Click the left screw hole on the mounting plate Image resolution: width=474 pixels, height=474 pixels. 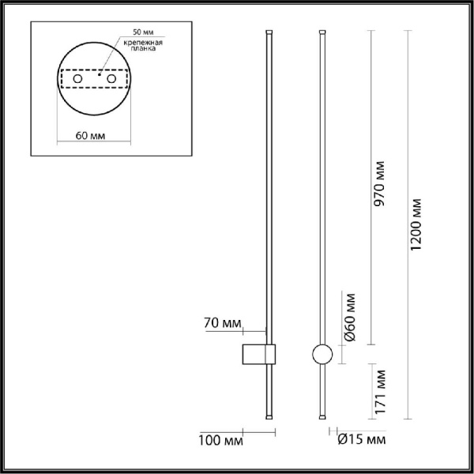click(x=77, y=81)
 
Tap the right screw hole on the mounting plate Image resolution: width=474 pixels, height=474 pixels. click(x=111, y=81)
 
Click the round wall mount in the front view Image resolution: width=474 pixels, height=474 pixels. click(x=322, y=355)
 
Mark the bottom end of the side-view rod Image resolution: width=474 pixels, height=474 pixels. click(x=269, y=416)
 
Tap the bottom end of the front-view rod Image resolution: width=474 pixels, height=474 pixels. click(x=322, y=416)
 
